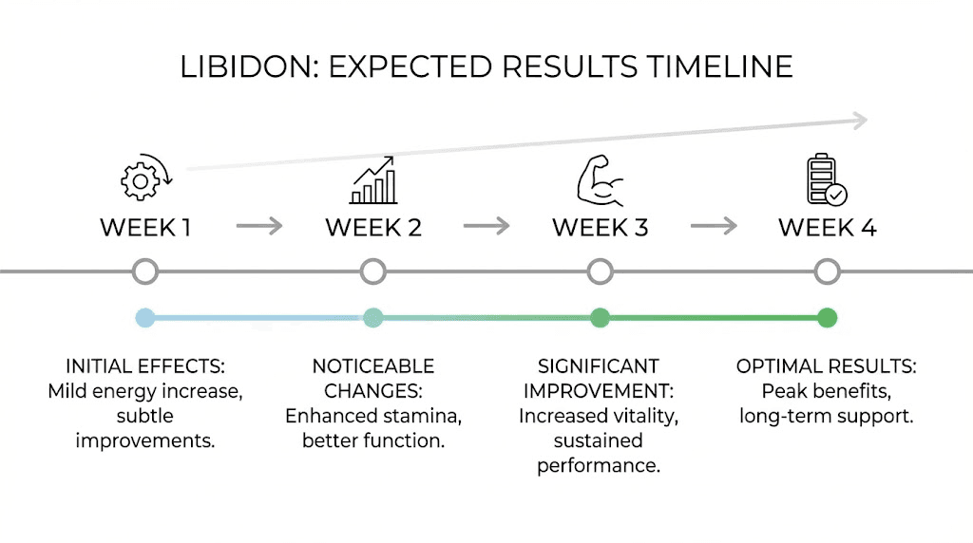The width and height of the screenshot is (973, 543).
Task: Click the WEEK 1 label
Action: [x=145, y=228]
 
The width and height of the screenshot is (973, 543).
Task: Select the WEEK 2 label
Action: [x=372, y=228]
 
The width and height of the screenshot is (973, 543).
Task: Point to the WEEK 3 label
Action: [x=600, y=228]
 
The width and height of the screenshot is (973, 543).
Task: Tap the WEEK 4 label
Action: [x=827, y=228]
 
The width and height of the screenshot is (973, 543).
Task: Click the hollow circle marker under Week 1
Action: [x=145, y=272]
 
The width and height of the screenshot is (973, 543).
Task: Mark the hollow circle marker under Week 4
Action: [x=827, y=272]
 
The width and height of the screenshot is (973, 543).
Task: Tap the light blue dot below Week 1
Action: [x=145, y=318]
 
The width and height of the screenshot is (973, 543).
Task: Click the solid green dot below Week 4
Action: [x=827, y=318]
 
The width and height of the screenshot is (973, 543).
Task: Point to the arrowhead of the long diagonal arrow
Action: [x=859, y=120]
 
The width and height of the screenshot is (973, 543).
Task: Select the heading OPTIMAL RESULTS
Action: [x=827, y=366]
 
